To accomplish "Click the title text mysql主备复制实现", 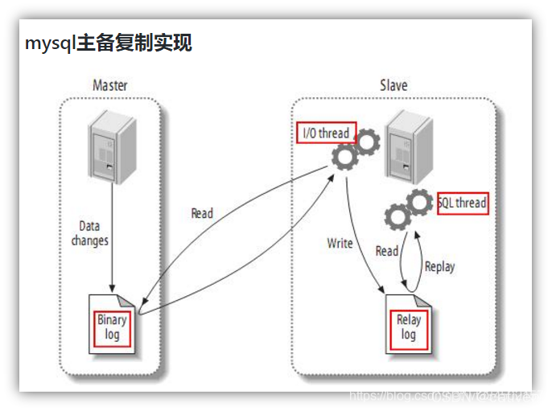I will (x=108, y=43).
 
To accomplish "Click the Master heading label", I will (x=110, y=85).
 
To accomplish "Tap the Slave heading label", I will (x=393, y=85).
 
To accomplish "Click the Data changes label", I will (x=89, y=233).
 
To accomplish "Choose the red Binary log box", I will (x=112, y=327).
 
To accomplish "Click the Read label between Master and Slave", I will (x=202, y=213).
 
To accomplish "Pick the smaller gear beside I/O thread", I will (x=368, y=144).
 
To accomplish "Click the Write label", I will (x=340, y=243).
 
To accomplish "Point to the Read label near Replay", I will (x=387, y=251).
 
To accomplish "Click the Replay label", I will (x=440, y=266).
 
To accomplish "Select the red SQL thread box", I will (x=463, y=203).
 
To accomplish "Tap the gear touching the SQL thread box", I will (x=419, y=202).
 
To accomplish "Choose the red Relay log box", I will (x=409, y=327).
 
